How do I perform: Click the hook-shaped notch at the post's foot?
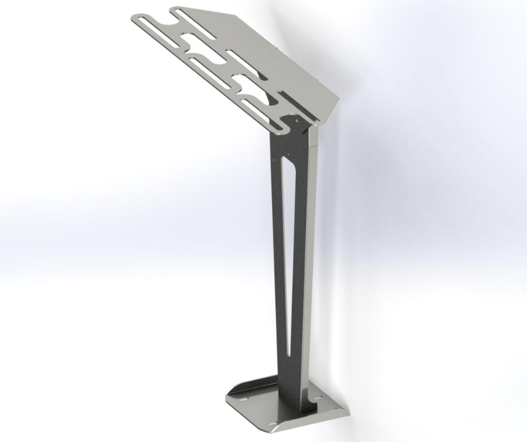pyautogui.click(x=312, y=403)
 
